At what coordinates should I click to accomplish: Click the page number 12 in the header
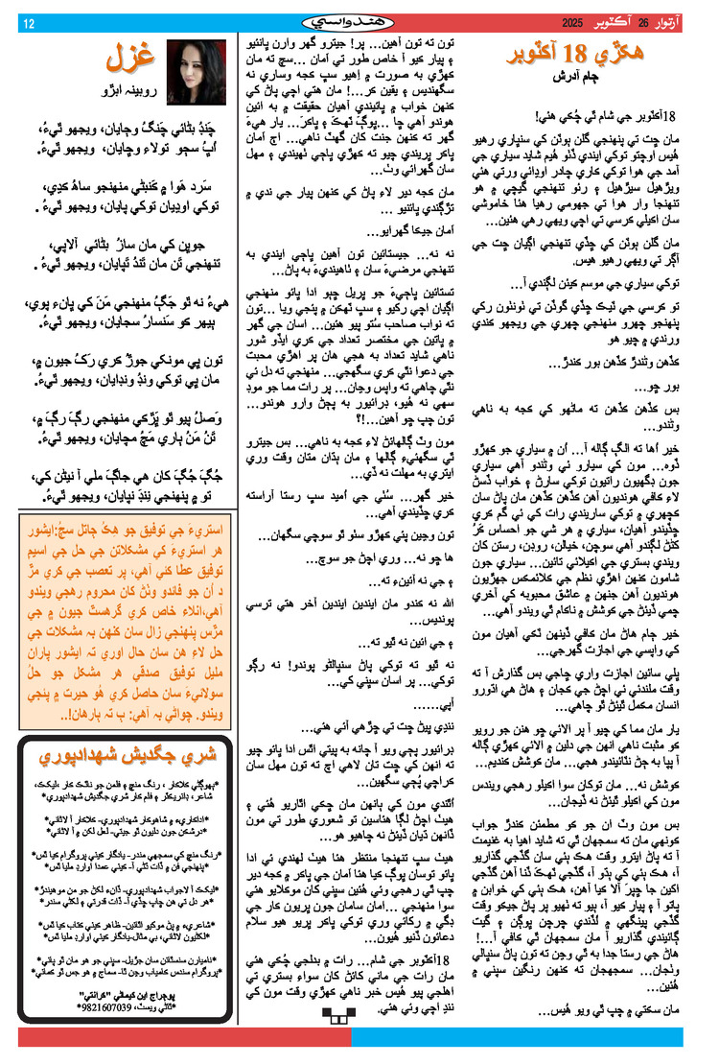click(x=28, y=23)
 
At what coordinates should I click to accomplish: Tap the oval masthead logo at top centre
click(x=359, y=22)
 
